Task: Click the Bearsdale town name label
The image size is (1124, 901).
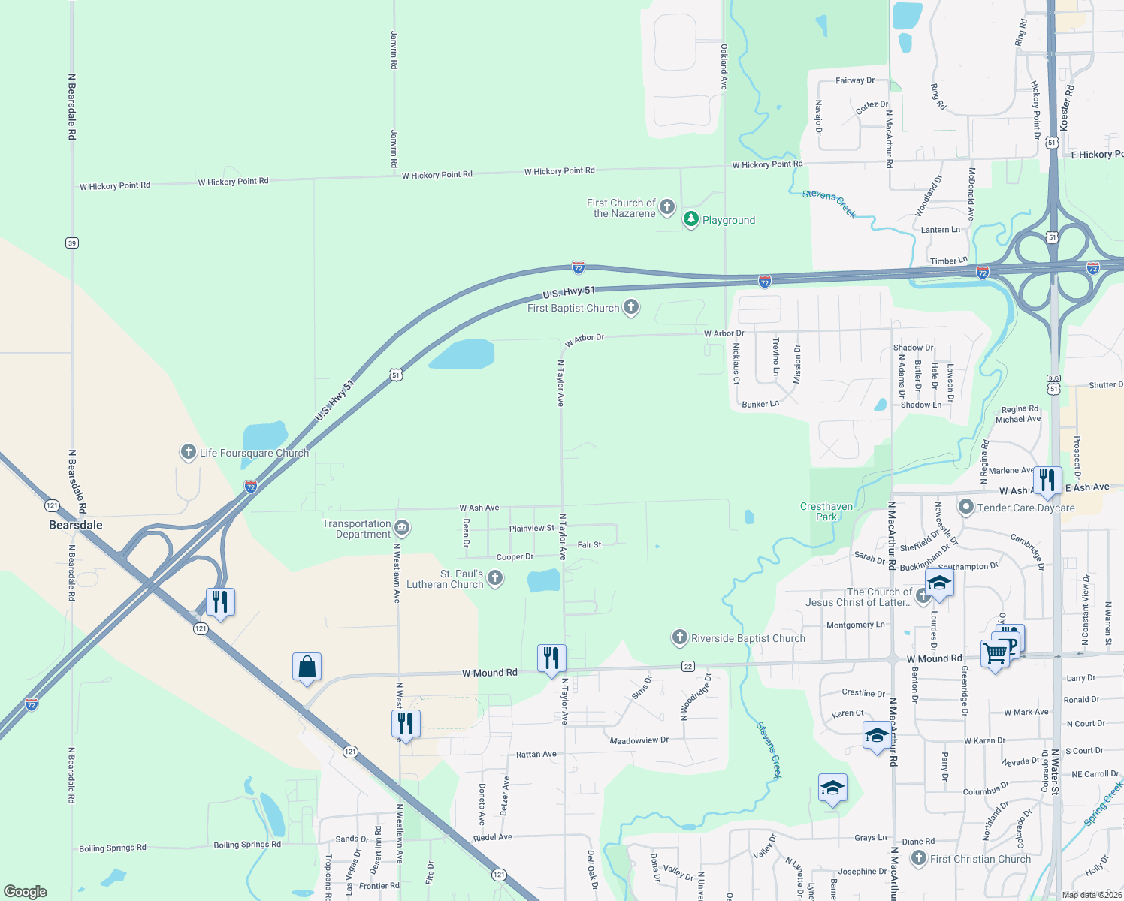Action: click(x=76, y=525)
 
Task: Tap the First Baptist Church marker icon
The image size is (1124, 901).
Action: click(x=631, y=306)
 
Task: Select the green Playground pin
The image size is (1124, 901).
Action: click(x=691, y=219)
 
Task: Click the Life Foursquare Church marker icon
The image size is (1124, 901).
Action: click(x=188, y=452)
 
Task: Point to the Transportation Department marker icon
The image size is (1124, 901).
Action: click(x=402, y=529)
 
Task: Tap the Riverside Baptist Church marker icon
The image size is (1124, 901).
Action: click(x=679, y=638)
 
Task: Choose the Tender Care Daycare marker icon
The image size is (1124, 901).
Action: click(x=966, y=507)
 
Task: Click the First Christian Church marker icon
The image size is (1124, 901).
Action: click(x=918, y=858)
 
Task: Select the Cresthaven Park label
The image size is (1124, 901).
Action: click(x=826, y=511)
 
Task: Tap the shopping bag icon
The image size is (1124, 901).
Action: click(x=307, y=667)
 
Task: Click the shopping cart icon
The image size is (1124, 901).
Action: click(x=995, y=653)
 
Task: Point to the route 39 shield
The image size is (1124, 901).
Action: click(x=72, y=243)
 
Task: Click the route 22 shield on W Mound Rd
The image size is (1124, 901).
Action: click(x=688, y=666)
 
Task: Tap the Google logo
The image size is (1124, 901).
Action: click(x=26, y=891)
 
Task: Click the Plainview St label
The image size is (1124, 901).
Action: click(x=532, y=529)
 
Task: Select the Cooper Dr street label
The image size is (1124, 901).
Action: click(x=515, y=557)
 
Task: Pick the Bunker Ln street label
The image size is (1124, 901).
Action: click(x=760, y=404)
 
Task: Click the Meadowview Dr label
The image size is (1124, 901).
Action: click(x=639, y=740)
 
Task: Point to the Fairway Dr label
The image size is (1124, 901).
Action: click(x=855, y=80)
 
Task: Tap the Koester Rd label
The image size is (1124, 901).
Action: click(x=1066, y=107)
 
